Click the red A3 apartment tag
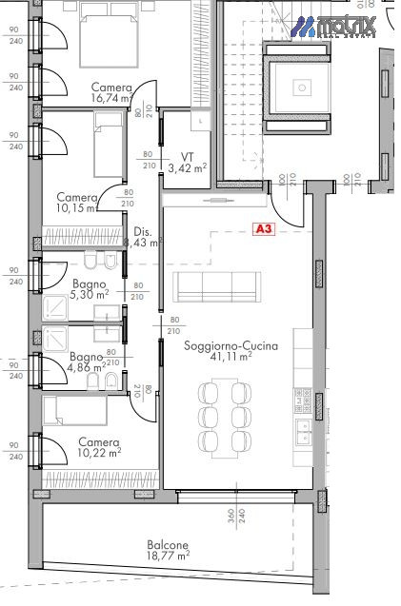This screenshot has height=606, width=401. [x=264, y=229]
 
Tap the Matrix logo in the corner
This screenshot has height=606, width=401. [x=334, y=27]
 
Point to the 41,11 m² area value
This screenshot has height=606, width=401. [x=231, y=357]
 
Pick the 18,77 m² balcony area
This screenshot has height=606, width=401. [x=168, y=555]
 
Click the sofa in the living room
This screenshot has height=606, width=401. [x=218, y=286]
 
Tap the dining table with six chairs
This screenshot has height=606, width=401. [x=220, y=416]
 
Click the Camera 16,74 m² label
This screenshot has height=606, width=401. [x=111, y=92]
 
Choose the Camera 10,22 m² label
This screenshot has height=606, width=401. [x=99, y=447]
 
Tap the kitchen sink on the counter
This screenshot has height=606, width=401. [x=303, y=433]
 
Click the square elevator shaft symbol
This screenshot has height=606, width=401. [x=301, y=88]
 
